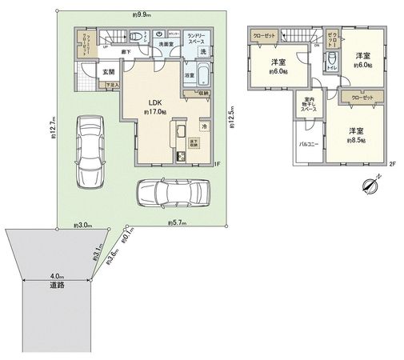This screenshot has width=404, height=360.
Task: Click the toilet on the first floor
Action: point(139,36)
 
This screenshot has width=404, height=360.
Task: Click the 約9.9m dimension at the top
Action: point(144,14)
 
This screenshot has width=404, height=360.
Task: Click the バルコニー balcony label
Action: point(310,144)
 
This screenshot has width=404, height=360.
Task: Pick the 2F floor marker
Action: point(392,164)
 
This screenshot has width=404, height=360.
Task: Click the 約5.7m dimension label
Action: point(177,224)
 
